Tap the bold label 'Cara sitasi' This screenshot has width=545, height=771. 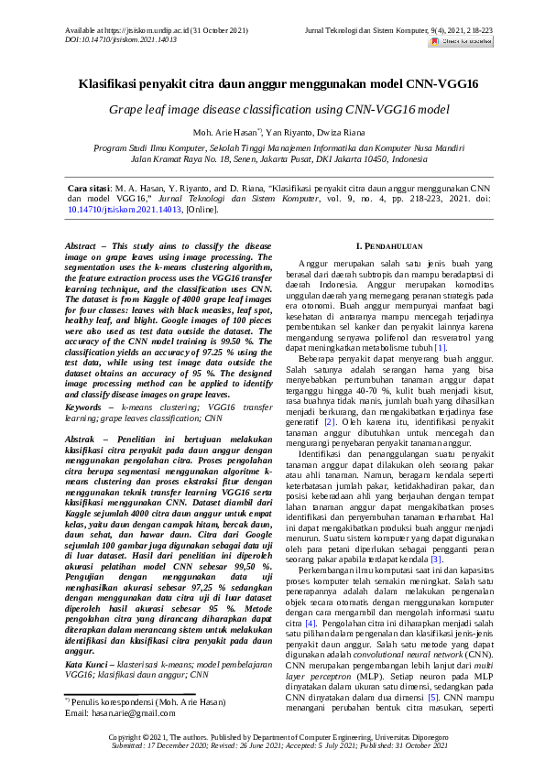(x=90, y=187)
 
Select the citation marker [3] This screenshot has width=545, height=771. (x=437, y=533)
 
